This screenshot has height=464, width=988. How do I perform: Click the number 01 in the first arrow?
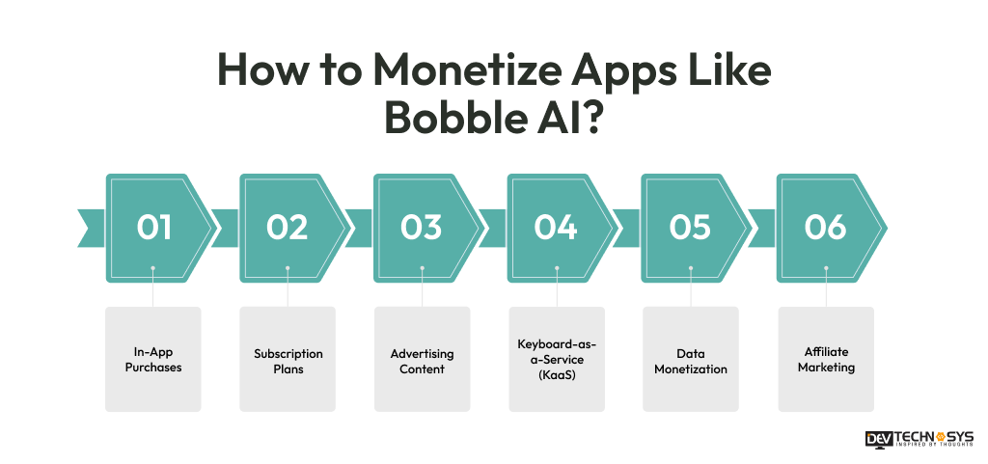153,228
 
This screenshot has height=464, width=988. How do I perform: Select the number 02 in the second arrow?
288,228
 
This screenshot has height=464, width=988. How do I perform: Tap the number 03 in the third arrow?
422,228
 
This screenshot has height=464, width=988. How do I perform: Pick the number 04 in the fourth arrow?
556,228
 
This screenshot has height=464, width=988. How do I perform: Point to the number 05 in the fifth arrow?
690,228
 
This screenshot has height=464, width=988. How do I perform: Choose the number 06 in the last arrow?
825,228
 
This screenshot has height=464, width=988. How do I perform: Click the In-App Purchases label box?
153,360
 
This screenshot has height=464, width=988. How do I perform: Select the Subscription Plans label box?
288,360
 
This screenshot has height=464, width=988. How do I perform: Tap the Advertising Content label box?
422,360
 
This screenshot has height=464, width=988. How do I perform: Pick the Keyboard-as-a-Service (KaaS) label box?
556,360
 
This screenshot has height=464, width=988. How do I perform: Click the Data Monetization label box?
690,360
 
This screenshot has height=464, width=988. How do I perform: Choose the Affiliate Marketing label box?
825,360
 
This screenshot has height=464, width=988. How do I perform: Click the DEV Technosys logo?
919,439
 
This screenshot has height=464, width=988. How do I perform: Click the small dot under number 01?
153,269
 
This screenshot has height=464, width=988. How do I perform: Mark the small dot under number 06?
825,269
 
